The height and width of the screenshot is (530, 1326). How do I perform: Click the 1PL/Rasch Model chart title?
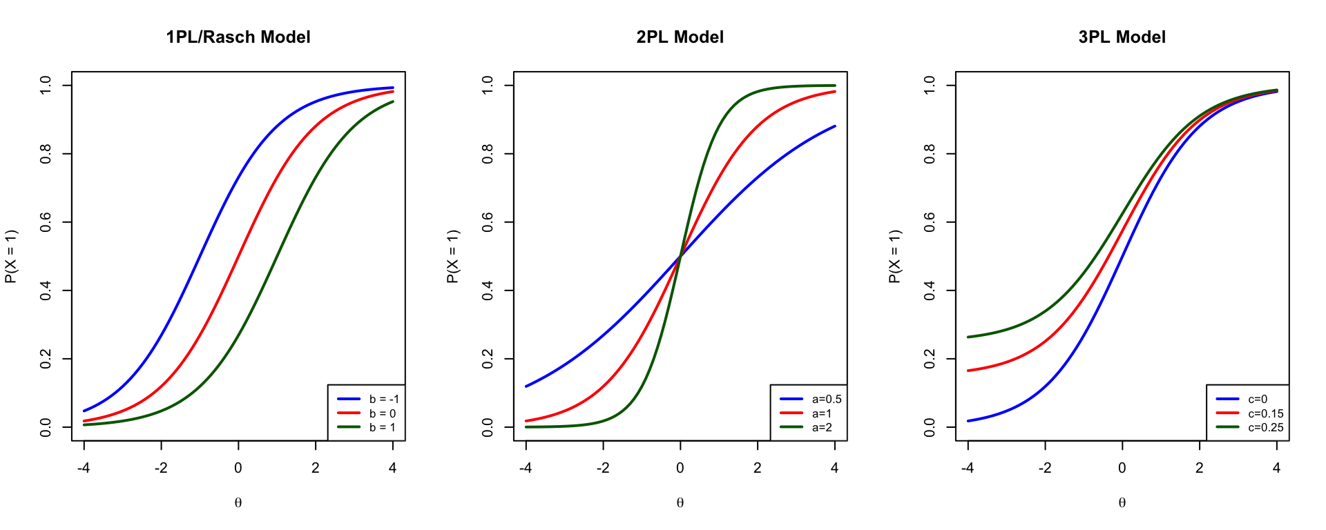[238, 37]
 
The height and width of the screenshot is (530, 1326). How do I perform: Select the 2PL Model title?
[680, 37]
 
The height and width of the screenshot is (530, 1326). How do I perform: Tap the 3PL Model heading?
[1122, 37]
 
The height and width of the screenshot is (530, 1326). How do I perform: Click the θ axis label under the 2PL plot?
[680, 502]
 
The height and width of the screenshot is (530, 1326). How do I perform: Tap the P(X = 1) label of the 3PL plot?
[894, 257]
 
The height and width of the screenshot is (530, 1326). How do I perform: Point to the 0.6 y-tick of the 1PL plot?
[46, 222]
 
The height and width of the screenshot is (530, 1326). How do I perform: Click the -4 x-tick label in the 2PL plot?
[526, 468]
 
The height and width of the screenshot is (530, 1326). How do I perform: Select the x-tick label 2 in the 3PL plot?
[1199, 468]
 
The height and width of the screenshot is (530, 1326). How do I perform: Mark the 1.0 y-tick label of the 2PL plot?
[488, 86]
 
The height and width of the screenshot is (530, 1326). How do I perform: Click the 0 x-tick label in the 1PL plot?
[238, 468]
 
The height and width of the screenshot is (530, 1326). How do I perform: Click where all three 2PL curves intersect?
[680, 256]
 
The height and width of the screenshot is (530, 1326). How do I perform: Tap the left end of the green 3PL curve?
[968, 337]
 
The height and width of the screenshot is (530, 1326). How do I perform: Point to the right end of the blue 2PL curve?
[834, 126]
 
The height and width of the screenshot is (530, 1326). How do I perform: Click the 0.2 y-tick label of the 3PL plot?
[930, 359]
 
